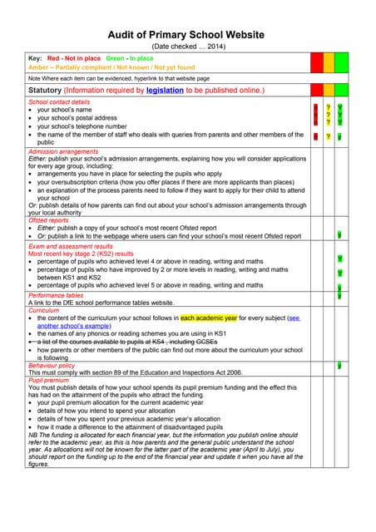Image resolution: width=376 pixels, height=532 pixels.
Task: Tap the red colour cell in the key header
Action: tap(317, 62)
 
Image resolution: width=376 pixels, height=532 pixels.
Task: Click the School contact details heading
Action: tap(59, 101)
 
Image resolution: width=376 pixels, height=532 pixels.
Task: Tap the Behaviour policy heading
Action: tap(52, 365)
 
